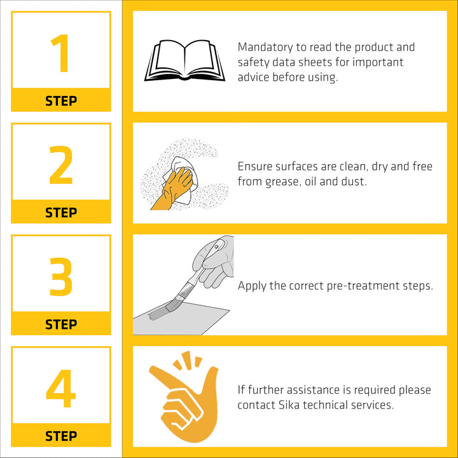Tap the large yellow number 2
click(x=61, y=165)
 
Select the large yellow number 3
click(x=61, y=277)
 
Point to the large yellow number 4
click(x=61, y=388)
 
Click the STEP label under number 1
click(x=61, y=101)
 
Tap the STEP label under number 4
click(x=61, y=436)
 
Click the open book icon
click(x=184, y=60)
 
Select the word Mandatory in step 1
click(x=265, y=47)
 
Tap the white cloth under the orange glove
click(x=183, y=179)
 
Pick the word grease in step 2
click(x=282, y=182)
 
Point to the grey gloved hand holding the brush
click(x=215, y=261)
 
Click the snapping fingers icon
click(x=184, y=397)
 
